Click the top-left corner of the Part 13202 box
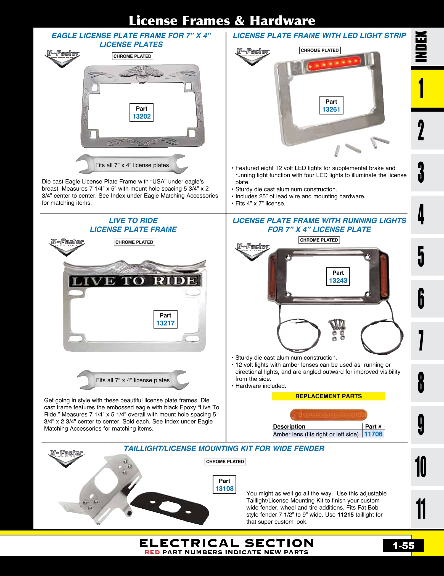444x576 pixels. pos(130,103)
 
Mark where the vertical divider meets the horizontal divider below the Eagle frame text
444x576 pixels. pos(226,213)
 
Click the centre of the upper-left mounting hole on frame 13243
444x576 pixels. pos(289,258)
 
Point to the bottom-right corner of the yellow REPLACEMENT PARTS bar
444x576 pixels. pos(385,400)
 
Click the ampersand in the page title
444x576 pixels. pos(240,21)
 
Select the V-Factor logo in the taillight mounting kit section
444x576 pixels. pos(67,458)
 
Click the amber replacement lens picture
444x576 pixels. pos(328,415)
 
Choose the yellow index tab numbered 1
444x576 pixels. pos(427,88)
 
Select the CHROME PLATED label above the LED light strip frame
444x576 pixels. pos(320,50)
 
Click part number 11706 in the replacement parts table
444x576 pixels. pos(373,434)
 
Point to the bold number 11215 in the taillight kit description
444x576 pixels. pos(345,515)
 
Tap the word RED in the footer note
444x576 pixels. pos(152,552)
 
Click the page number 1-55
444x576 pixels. pos(403,546)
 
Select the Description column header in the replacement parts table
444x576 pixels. pos(289,426)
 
